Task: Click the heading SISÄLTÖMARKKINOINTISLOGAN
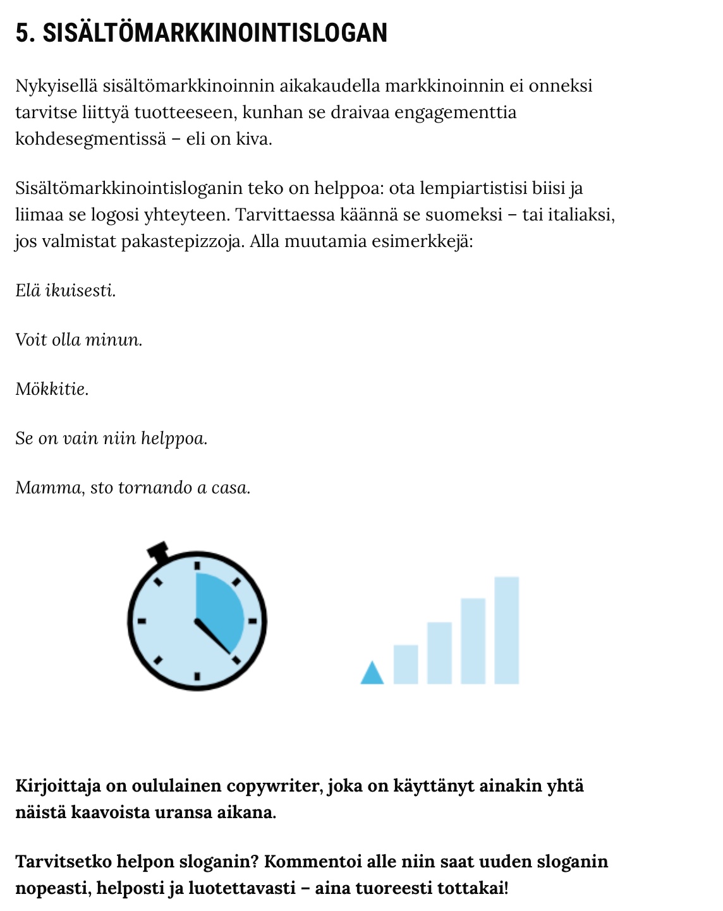coord(215,33)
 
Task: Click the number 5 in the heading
coord(22,33)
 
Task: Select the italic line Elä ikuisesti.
coord(66,291)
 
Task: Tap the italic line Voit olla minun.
coord(79,340)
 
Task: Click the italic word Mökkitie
coord(52,389)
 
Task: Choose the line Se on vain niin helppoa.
coord(111,438)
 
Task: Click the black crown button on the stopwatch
coord(157,551)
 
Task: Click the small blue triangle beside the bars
coord(372,673)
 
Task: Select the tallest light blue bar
coord(507,630)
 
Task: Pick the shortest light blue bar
coord(406,664)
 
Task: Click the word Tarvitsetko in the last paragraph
coord(63,862)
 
